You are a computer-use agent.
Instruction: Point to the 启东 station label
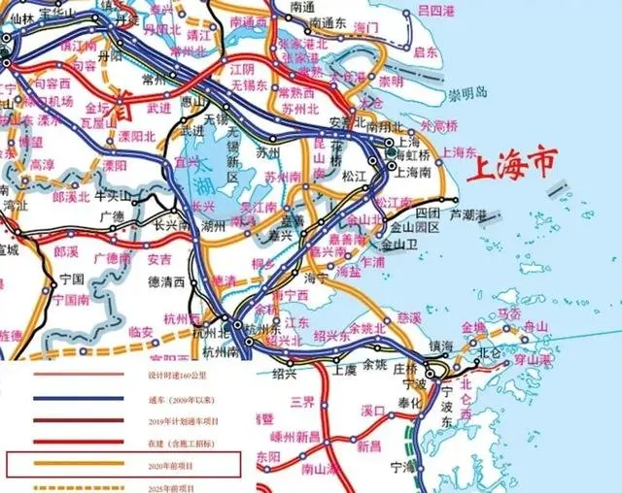(x=426, y=51)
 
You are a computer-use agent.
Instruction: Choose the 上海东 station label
(x=457, y=152)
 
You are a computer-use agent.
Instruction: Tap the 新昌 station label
(x=368, y=446)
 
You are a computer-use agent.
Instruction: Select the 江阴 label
(x=241, y=71)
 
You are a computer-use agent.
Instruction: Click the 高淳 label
(x=42, y=165)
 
